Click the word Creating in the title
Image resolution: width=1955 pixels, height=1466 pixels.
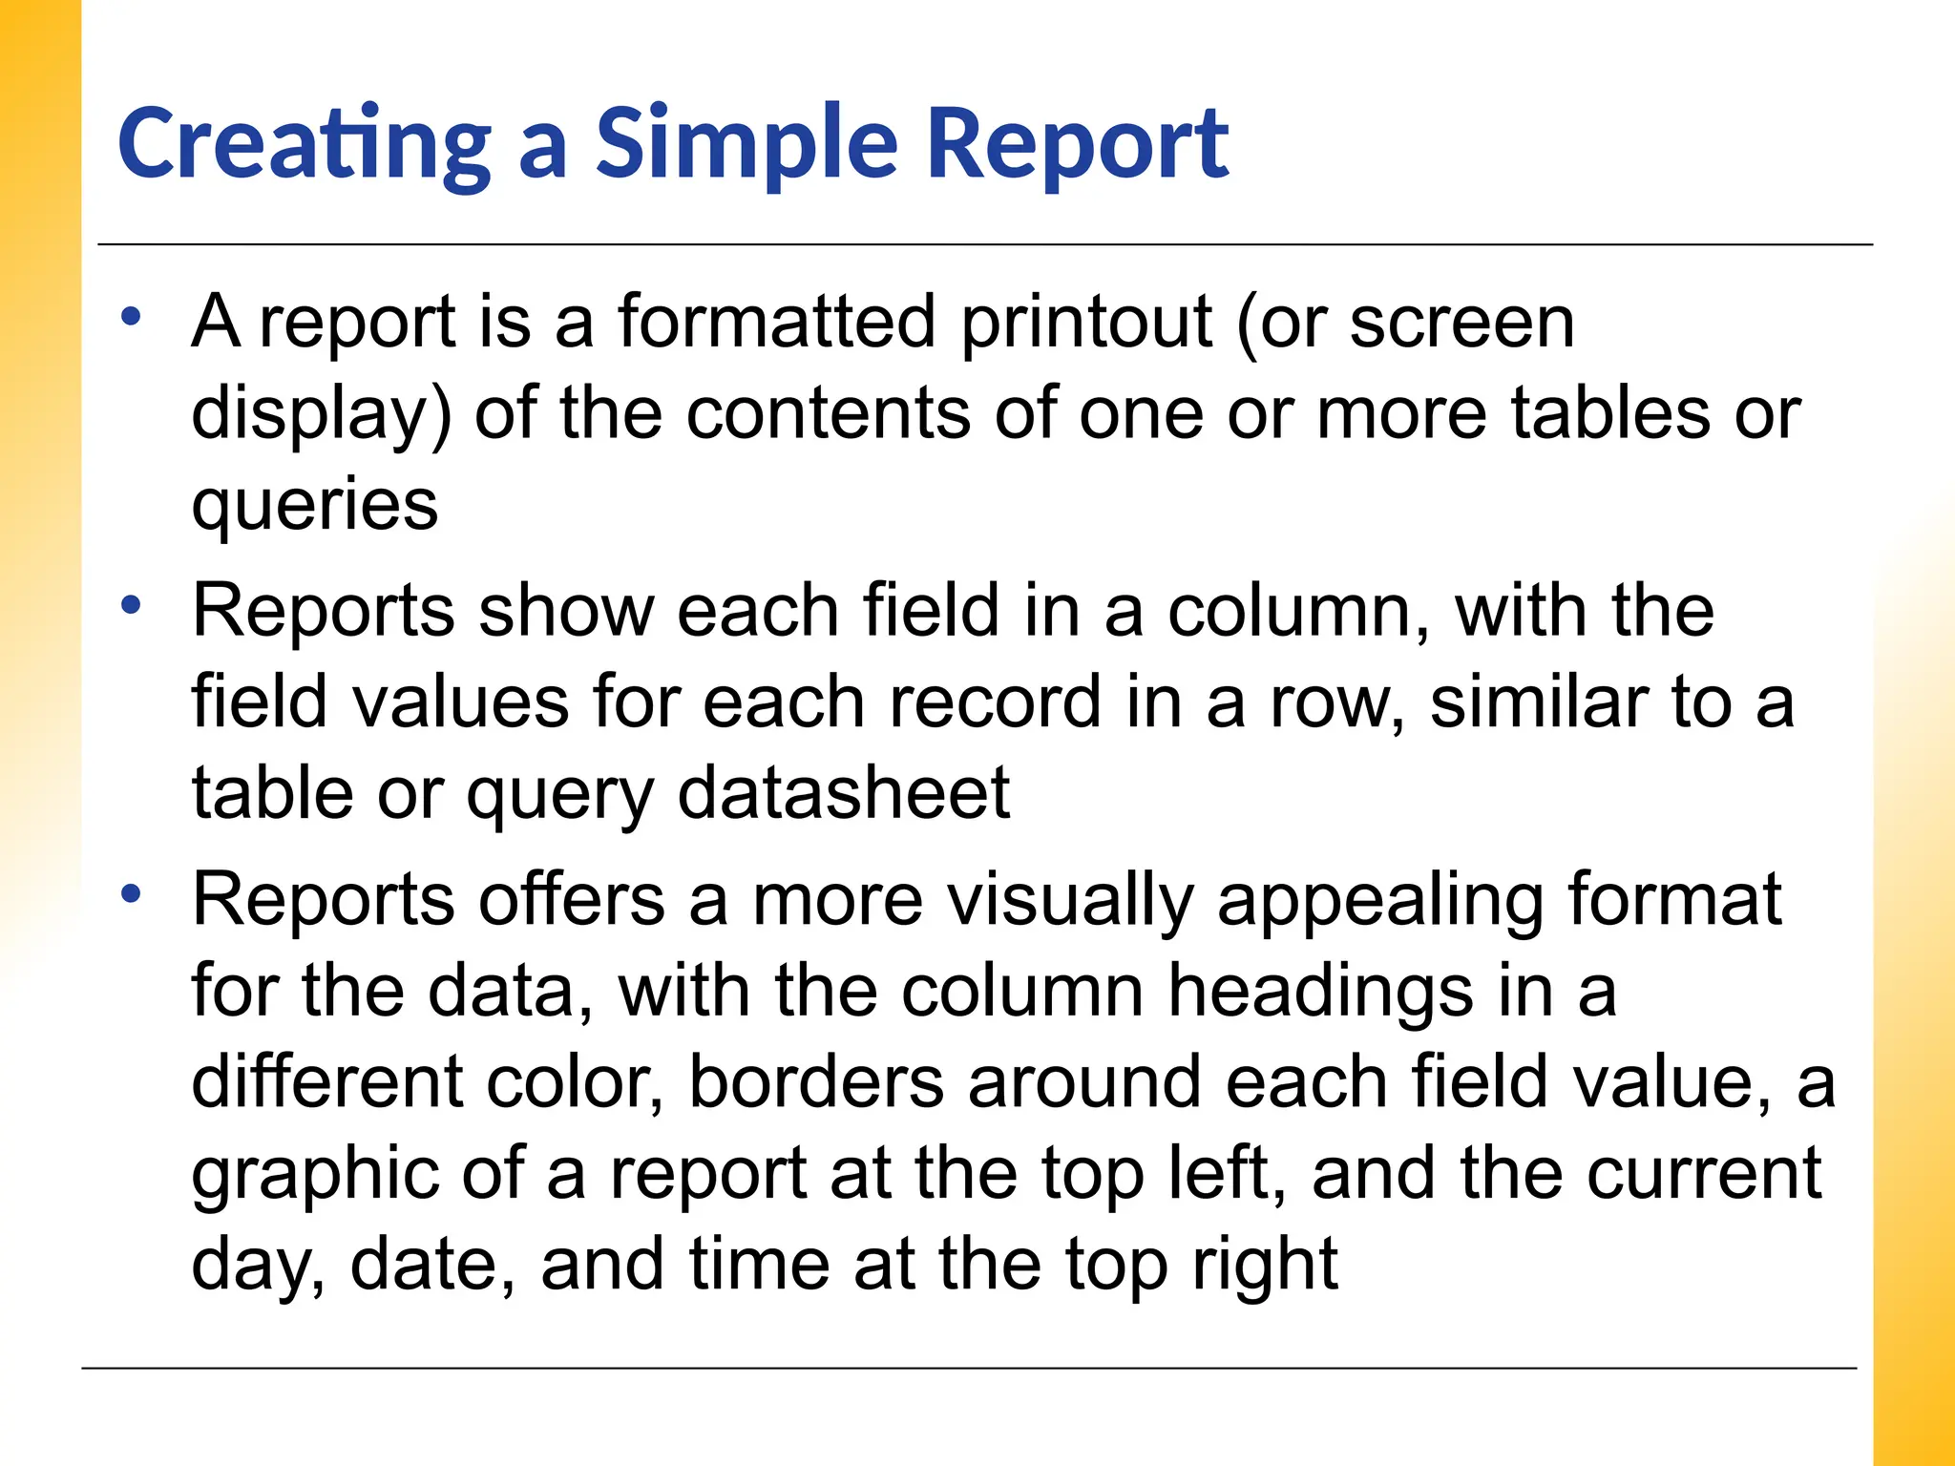click(x=304, y=145)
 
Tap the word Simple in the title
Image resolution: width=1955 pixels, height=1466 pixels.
click(x=746, y=145)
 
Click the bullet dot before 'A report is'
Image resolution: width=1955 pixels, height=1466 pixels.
click(x=132, y=316)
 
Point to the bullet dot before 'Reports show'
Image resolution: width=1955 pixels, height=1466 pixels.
click(x=132, y=604)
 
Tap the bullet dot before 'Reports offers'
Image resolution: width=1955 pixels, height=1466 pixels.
click(x=132, y=893)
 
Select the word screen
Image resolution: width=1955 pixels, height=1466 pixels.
click(x=1461, y=323)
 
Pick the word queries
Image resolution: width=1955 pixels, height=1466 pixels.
click(x=315, y=506)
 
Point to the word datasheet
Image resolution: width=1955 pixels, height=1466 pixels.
click(x=843, y=793)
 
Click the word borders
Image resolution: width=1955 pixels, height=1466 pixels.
click(x=816, y=1082)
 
